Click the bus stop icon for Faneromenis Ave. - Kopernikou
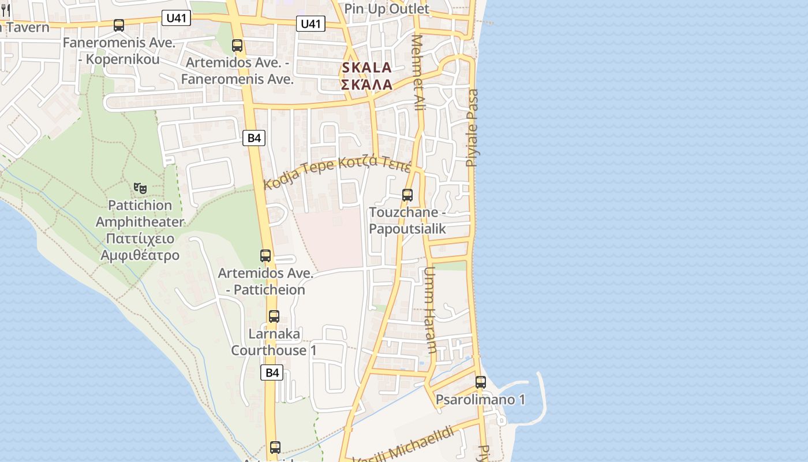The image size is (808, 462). (119, 25)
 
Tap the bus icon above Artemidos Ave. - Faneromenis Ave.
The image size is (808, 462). (237, 46)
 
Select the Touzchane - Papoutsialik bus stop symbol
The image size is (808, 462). (407, 195)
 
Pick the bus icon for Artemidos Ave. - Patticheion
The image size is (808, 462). (265, 256)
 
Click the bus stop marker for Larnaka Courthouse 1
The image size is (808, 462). (274, 316)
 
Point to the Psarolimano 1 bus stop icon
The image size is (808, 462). (481, 382)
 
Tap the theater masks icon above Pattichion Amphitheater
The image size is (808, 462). (140, 188)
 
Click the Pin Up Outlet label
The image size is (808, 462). (387, 9)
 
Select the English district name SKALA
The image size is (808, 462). (367, 68)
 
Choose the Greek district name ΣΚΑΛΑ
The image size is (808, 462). (367, 85)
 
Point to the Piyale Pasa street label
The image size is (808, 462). (473, 128)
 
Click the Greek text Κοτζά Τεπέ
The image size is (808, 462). (375, 163)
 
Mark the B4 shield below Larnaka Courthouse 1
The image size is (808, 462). (272, 372)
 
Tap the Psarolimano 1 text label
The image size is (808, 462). (480, 400)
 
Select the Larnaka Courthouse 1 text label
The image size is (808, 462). (274, 342)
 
